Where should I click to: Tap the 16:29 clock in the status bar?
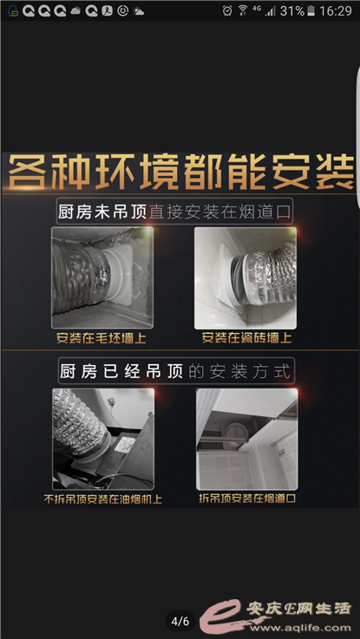pos(336,11)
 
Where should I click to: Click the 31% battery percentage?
pos(292,11)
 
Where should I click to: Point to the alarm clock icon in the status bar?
pos(227,10)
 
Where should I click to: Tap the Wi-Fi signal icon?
pos(243,10)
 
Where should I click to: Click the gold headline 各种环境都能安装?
pos(180,172)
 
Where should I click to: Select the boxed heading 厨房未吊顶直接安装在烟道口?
pos(174,212)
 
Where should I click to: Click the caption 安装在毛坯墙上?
pos(101,339)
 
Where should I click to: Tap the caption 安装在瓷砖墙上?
pos(246,338)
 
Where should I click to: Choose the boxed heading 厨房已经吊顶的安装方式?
pos(176,371)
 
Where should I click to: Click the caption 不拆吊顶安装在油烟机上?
pos(102,499)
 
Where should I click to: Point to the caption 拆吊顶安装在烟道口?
pos(247,498)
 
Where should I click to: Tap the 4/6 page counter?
pos(180,621)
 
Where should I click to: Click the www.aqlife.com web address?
pos(299,628)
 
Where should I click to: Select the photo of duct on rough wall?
pos(102,278)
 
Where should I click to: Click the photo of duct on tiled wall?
pos(245,278)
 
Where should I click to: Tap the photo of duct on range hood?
pos(103,439)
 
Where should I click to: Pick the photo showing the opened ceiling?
pos(247,439)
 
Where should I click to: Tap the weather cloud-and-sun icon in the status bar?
pos(138,11)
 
